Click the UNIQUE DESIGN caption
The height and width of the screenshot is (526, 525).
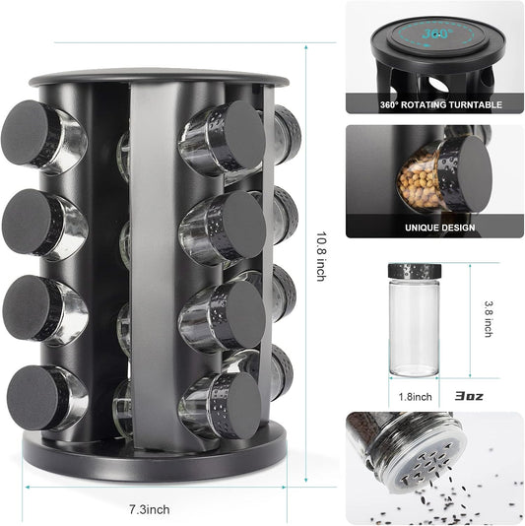(439, 227)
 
